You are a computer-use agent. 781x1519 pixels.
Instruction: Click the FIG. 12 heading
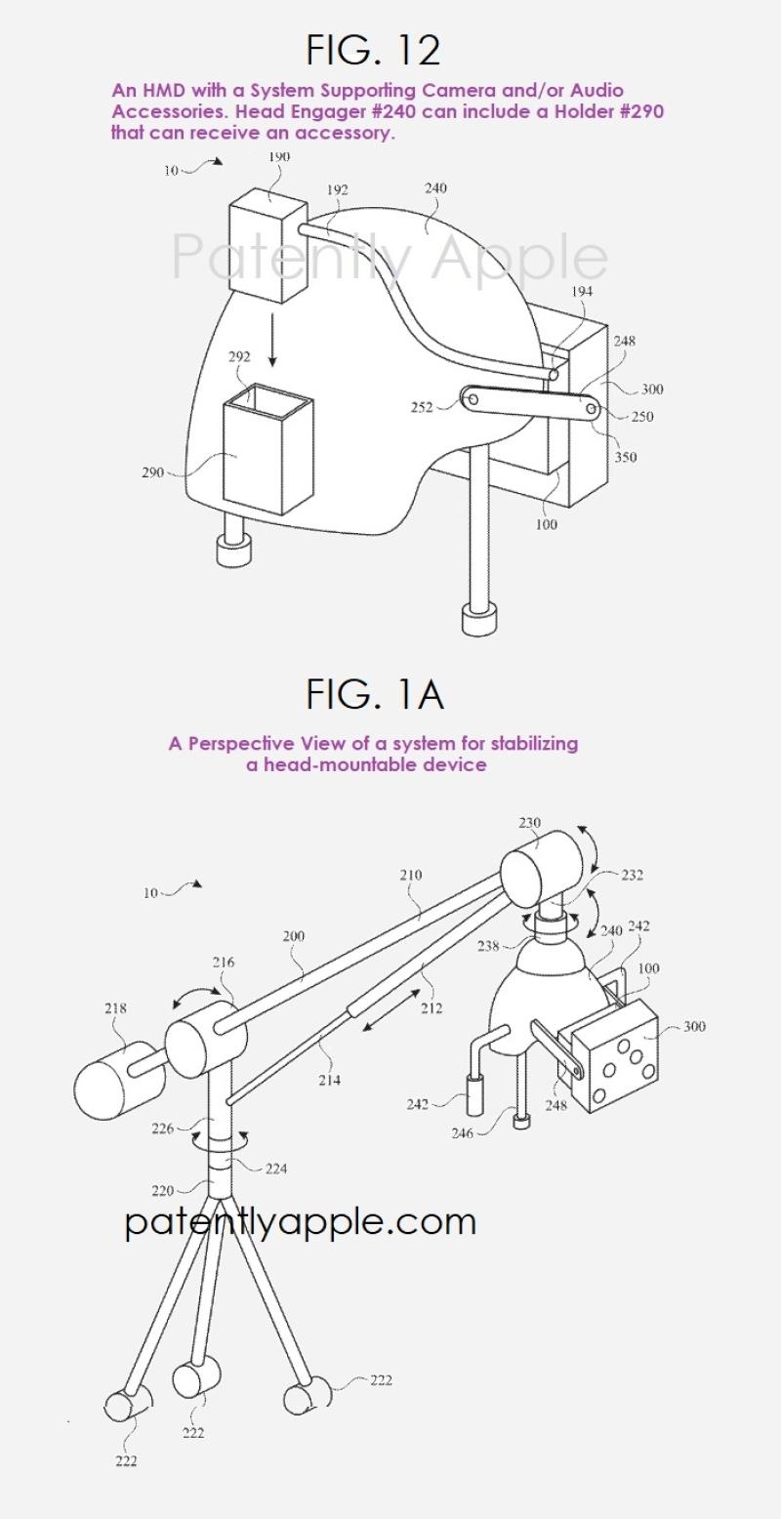click(x=374, y=49)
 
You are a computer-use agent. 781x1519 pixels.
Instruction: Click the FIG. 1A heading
click(x=375, y=695)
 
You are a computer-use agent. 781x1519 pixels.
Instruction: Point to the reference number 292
click(x=239, y=357)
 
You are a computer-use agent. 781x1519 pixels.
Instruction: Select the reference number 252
click(x=421, y=407)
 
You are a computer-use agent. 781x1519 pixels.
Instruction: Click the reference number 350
click(x=625, y=457)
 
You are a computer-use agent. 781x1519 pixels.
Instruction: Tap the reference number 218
click(x=114, y=1007)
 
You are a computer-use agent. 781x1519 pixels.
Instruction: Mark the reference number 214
click(x=330, y=1080)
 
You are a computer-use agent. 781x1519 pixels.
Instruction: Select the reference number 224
click(x=276, y=1169)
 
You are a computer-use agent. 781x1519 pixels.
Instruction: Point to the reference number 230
click(x=529, y=823)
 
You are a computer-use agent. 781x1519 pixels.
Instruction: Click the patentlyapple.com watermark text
click(x=301, y=1221)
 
